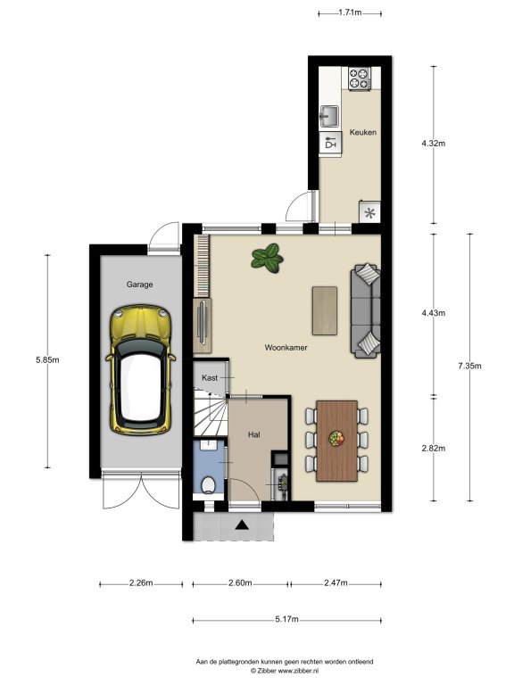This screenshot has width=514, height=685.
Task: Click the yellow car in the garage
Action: (x=140, y=370)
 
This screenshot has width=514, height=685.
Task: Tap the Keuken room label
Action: (x=363, y=132)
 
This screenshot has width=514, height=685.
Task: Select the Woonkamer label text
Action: (x=286, y=348)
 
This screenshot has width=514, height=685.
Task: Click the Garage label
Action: (x=139, y=285)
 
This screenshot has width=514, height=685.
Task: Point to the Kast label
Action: (x=210, y=377)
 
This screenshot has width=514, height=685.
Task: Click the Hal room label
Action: (x=254, y=434)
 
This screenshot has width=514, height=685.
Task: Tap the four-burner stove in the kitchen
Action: (x=360, y=78)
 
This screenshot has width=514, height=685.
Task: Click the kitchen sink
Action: (x=330, y=116)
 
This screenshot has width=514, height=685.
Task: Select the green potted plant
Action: (x=267, y=259)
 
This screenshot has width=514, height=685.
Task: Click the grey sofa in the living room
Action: (x=365, y=310)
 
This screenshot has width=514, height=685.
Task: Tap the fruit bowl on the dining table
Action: (x=336, y=438)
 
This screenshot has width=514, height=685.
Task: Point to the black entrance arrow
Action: (x=242, y=524)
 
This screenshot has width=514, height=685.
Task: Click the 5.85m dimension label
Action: (x=47, y=360)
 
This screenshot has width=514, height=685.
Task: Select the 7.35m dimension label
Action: (x=470, y=366)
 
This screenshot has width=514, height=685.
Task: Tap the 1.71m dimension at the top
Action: (x=350, y=12)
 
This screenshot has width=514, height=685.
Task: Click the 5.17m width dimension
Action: (x=286, y=619)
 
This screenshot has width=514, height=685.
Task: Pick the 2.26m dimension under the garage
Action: (x=141, y=582)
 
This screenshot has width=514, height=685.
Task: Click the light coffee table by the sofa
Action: (x=325, y=310)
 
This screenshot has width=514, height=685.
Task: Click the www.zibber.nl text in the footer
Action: (x=298, y=670)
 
